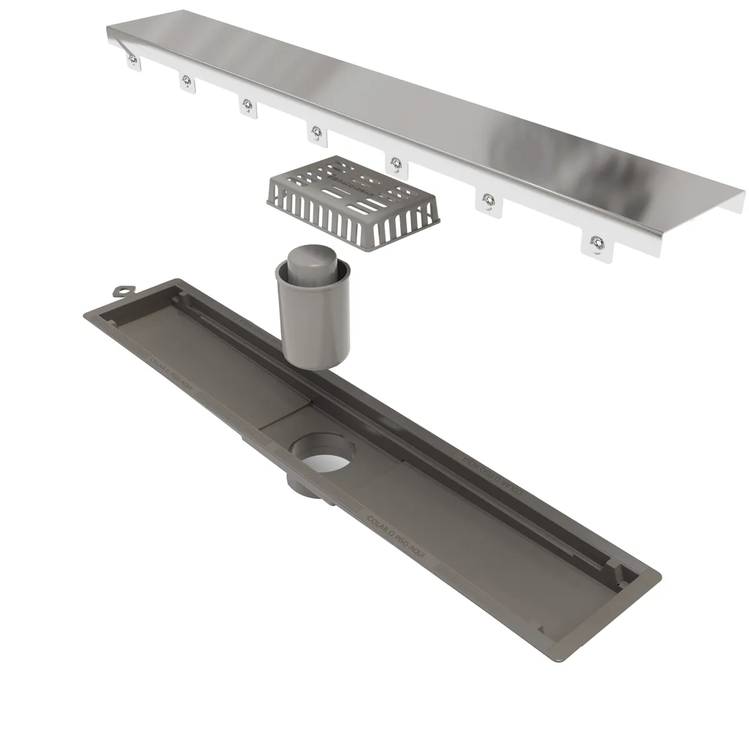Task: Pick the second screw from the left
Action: tap(186, 80)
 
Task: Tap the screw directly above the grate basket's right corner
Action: tap(395, 163)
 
